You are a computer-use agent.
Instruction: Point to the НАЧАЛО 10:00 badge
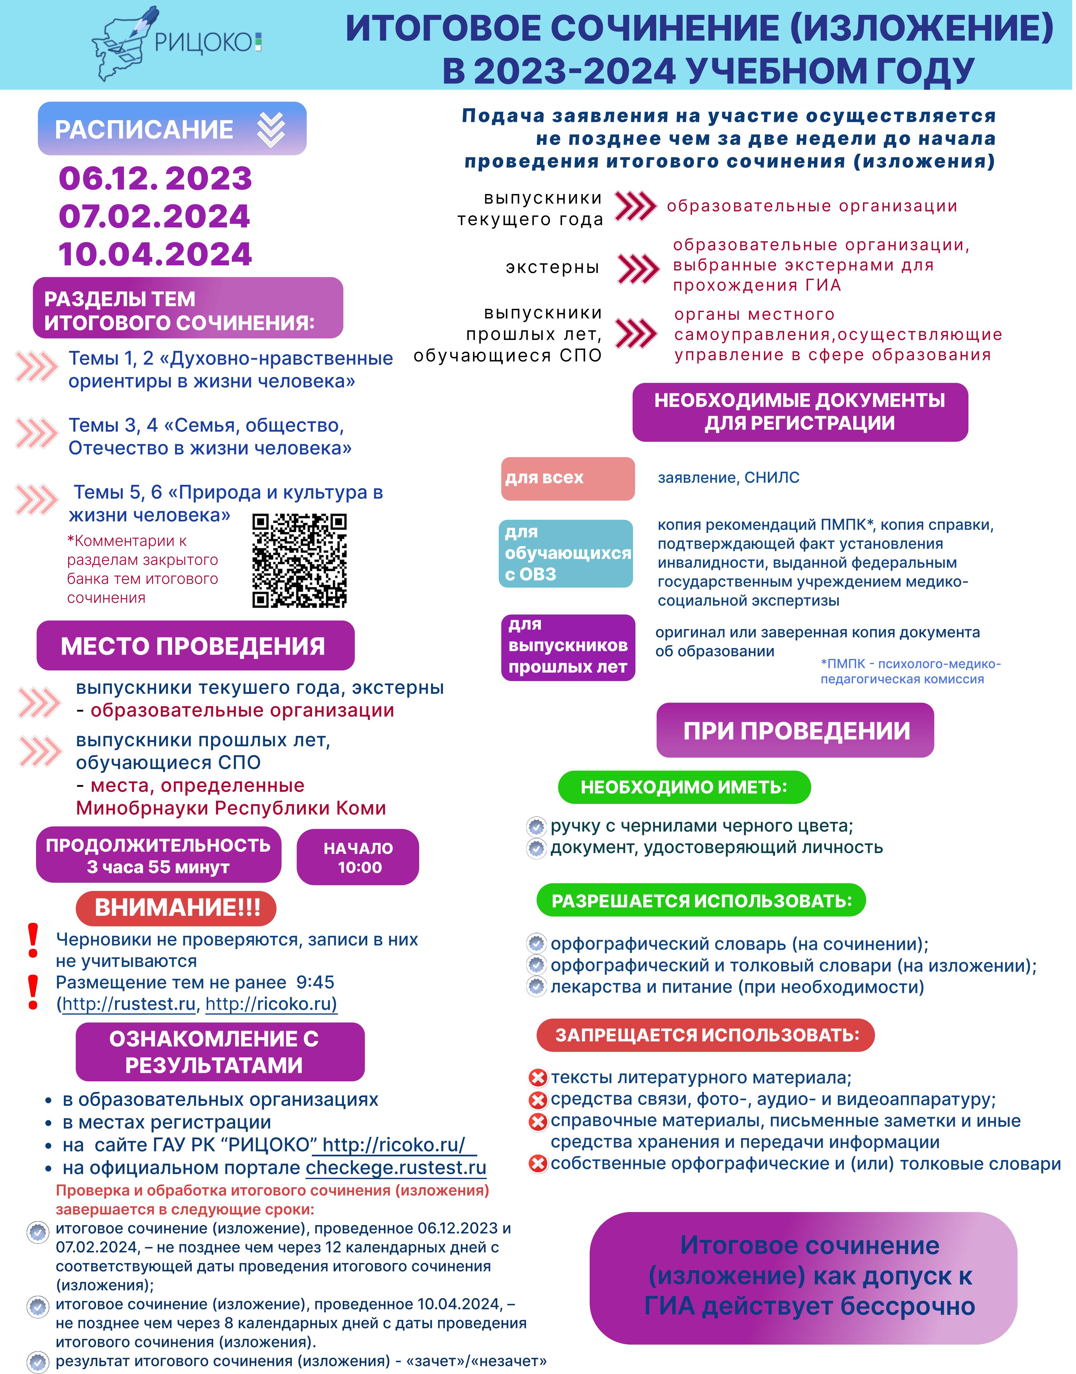(358, 857)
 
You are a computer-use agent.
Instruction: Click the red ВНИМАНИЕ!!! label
(176, 908)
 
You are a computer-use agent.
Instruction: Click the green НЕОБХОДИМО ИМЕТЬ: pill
(684, 787)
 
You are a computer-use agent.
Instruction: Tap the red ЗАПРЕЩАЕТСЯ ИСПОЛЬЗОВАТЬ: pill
(706, 1035)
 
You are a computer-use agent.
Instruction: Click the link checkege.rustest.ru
(396, 1168)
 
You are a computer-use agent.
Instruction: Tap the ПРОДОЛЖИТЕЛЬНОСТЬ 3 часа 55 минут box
(158, 855)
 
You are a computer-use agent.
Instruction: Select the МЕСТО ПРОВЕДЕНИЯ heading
(195, 646)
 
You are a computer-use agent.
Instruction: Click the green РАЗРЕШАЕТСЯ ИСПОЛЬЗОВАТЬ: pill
(701, 901)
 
